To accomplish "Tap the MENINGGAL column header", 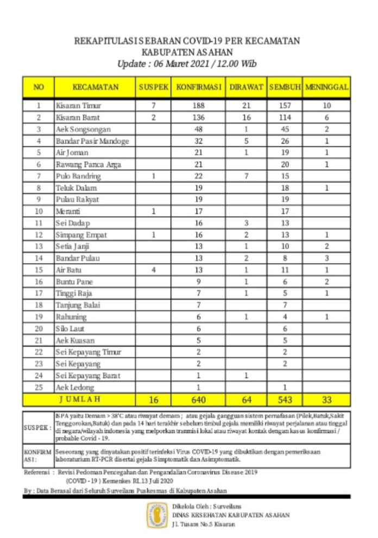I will point(326,87).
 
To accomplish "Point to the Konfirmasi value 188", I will point(198,105).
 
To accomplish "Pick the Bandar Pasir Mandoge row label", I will point(92,141).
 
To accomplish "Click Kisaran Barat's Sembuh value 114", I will point(284,117).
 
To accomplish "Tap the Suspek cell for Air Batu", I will point(154,270).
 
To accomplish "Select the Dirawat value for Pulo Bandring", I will point(246,176).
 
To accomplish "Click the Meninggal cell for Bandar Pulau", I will point(326,258).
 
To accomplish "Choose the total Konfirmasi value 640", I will point(198,400).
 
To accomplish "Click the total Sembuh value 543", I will point(284,400).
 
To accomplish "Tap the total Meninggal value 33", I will point(326,400).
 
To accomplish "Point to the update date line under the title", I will point(187,64).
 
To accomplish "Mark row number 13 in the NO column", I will point(39,246).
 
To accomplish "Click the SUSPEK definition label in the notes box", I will point(37,427).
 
